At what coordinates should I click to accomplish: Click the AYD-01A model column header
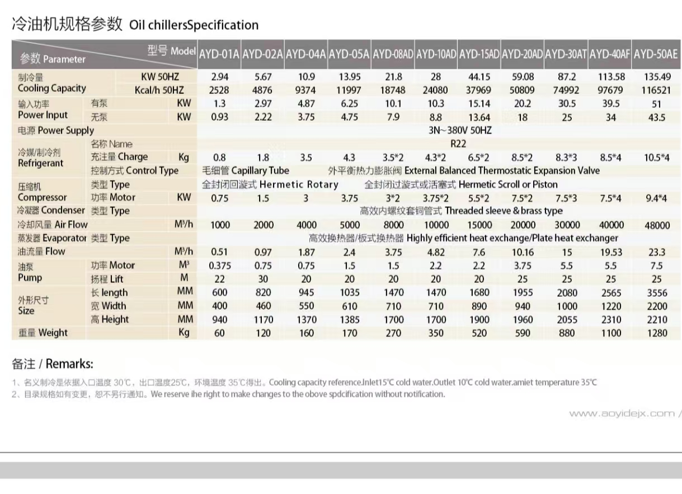click(x=219, y=54)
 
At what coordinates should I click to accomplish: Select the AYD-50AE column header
click(x=656, y=54)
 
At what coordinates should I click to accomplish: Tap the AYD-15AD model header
click(x=479, y=54)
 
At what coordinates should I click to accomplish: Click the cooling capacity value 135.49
click(x=657, y=77)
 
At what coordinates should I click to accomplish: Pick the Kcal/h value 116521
click(x=657, y=90)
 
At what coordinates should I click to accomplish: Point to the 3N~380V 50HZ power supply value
click(x=457, y=130)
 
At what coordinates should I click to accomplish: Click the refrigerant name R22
click(x=458, y=144)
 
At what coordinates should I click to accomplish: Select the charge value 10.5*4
click(x=657, y=158)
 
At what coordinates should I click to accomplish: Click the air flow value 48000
click(x=657, y=225)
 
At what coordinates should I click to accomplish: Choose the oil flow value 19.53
click(x=611, y=252)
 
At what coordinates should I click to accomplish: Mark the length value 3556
click(x=657, y=292)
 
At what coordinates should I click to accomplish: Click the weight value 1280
click(x=657, y=333)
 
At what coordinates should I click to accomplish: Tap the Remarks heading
click(x=53, y=364)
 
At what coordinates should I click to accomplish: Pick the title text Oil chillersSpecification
click(x=194, y=25)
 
